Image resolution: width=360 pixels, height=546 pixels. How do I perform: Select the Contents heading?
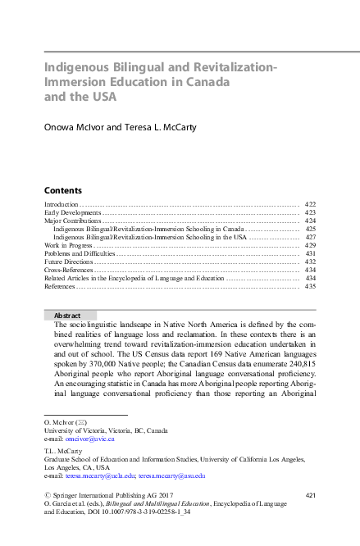click(x=62, y=189)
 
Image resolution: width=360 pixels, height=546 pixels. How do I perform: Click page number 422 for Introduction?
click(x=310, y=203)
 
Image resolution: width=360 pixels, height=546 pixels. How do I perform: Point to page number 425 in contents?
click(x=310, y=229)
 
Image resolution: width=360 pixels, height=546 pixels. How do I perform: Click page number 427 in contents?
click(x=310, y=237)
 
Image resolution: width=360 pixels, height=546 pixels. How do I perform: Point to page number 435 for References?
click(x=310, y=288)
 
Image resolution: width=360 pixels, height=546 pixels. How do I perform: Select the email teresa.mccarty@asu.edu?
click(x=171, y=475)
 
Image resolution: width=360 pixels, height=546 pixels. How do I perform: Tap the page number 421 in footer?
click(x=311, y=495)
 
